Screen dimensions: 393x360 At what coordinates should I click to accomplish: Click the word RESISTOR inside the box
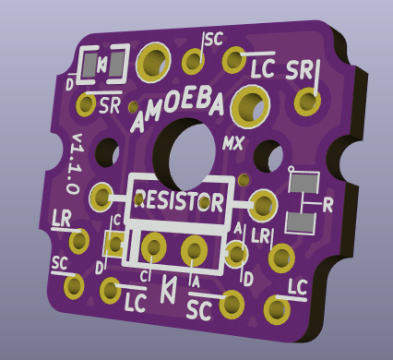click(x=179, y=200)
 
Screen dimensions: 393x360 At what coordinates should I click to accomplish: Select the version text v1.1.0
click(x=75, y=164)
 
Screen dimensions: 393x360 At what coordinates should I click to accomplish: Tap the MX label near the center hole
click(x=233, y=143)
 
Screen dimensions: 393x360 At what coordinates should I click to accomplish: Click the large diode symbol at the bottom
click(x=169, y=289)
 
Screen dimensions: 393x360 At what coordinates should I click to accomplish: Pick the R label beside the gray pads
click(x=327, y=206)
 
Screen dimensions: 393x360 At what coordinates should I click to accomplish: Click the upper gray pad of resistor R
click(x=304, y=182)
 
